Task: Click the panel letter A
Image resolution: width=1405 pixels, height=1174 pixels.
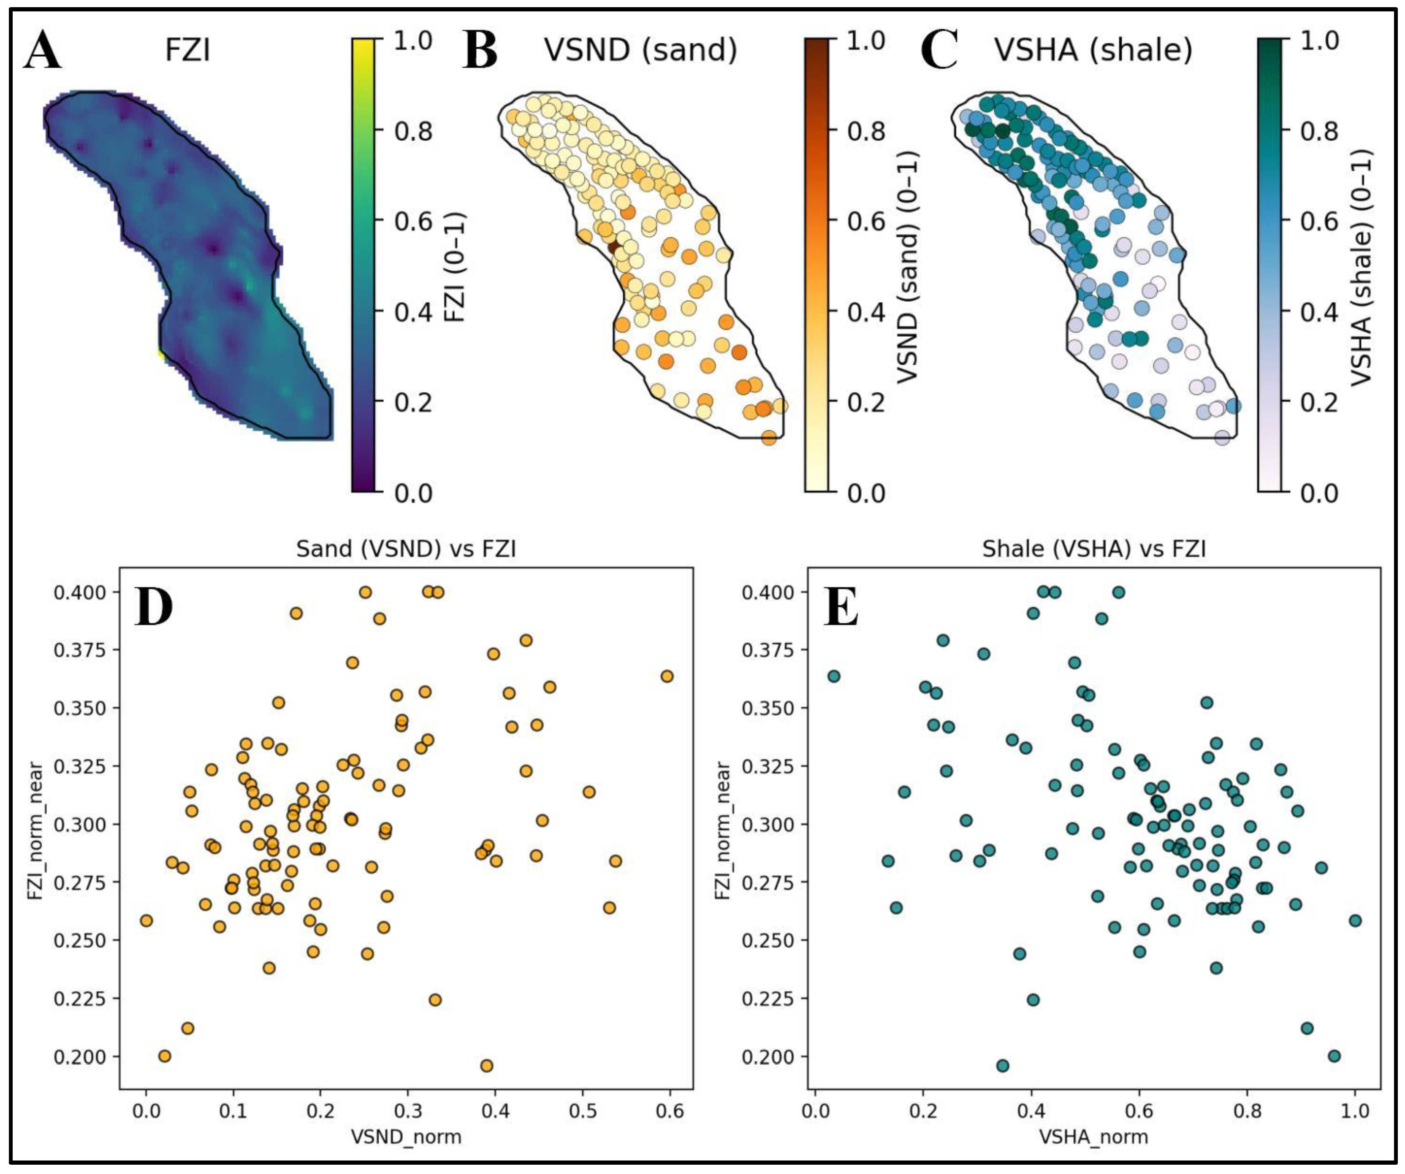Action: point(43,52)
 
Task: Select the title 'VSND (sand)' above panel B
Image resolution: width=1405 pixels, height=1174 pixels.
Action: point(640,49)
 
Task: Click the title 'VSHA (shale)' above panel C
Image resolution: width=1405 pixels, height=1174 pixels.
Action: point(1093,49)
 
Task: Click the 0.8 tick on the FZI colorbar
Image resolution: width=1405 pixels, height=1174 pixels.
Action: point(413,130)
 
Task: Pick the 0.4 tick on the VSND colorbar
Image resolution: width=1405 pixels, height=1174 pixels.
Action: point(866,312)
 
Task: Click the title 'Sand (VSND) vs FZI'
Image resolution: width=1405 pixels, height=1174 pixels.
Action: point(406,549)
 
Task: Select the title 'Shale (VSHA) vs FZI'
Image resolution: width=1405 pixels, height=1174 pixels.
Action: point(1094,549)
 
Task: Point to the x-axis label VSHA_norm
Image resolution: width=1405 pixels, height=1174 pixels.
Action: point(1093,1136)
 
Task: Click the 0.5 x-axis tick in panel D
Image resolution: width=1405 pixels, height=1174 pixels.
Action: point(583,1111)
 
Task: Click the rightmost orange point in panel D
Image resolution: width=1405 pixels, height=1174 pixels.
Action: point(666,676)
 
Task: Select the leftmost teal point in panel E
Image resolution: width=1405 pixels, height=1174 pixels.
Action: point(834,676)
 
